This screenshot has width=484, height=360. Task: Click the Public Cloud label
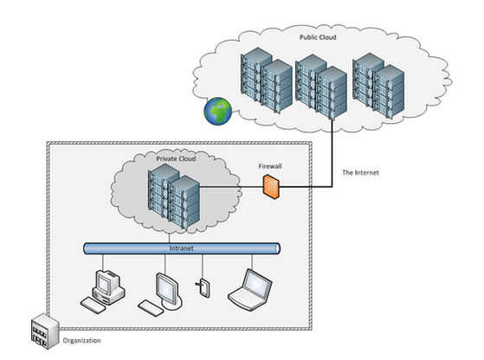pos(318,37)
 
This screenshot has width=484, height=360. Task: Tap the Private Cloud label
pos(176,159)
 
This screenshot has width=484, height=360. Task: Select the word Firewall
pos(270,166)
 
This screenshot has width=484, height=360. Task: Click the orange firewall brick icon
pos(271,187)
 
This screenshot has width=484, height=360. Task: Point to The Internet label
pos(360,173)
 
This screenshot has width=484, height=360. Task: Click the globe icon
pos(217,112)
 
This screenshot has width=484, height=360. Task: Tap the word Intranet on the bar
pos(181,248)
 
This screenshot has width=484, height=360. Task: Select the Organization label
pos(81,341)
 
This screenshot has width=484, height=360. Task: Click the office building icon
pos(45,331)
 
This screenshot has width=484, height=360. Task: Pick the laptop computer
pos(250,290)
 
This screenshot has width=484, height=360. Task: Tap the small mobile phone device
pos(203,287)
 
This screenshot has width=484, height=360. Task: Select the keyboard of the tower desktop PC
pos(93,305)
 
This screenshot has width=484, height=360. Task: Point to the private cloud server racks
pos(174,196)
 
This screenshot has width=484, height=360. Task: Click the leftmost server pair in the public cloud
pos(267,80)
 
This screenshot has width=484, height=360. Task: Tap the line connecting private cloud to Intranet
pos(169,237)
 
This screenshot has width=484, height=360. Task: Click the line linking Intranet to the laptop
pos(252,261)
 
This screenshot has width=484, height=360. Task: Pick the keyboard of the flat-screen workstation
pos(151,308)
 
